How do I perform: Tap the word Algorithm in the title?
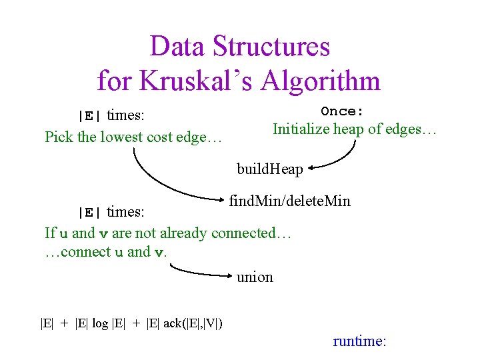pyautogui.click(x=321, y=81)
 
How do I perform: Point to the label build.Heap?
pyautogui.click(x=269, y=169)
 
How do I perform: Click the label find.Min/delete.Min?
pyautogui.click(x=289, y=201)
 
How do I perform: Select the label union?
pyautogui.click(x=255, y=277)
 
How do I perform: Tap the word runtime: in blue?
pyautogui.click(x=359, y=341)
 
